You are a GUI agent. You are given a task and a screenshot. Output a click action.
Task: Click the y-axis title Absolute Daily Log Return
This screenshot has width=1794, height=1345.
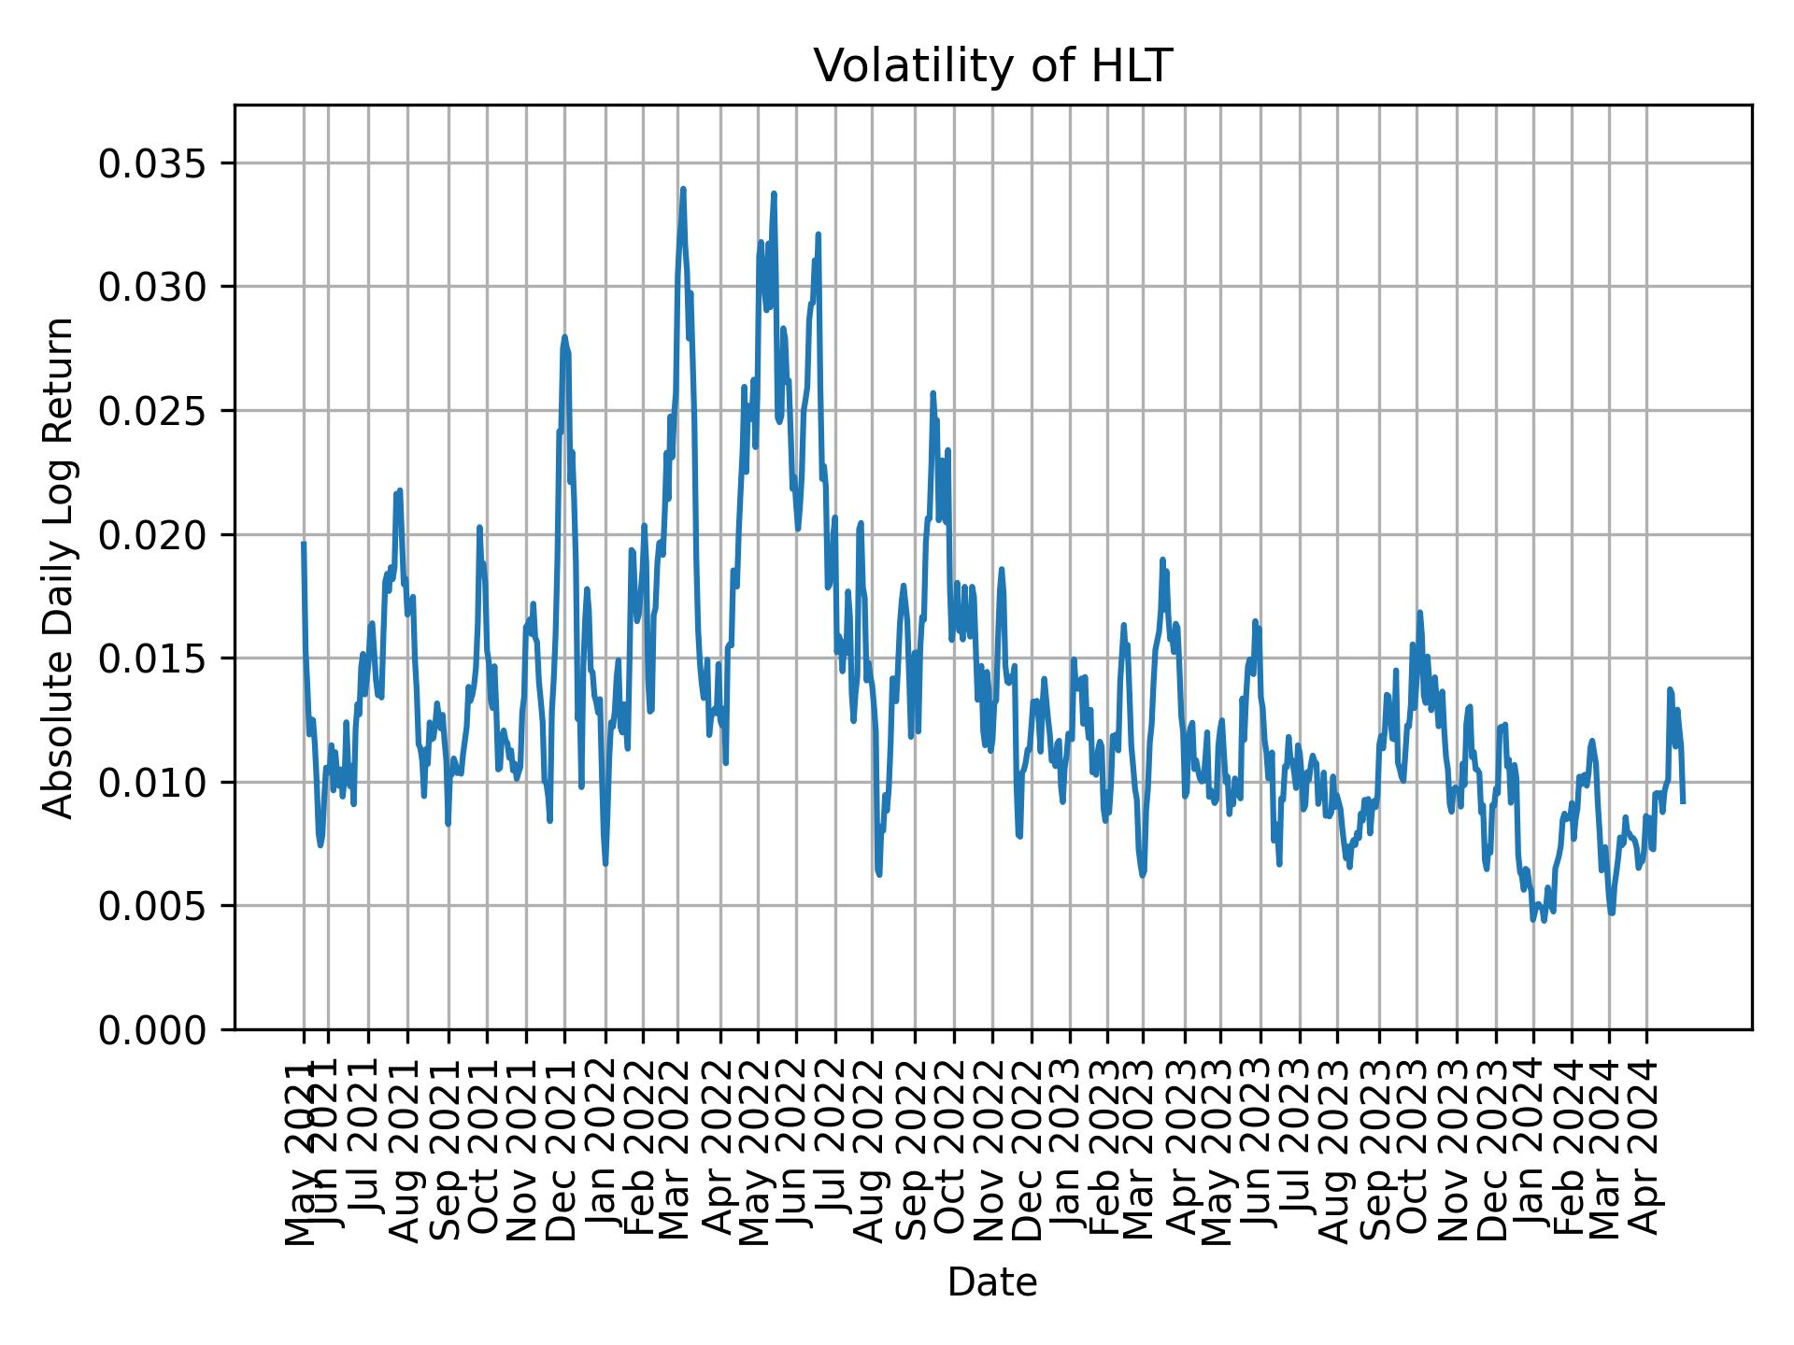[60, 567]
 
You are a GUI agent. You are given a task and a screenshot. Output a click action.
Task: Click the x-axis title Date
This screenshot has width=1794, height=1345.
[992, 1282]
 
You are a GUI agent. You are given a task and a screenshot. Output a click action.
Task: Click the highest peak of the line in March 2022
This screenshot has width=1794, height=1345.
[683, 190]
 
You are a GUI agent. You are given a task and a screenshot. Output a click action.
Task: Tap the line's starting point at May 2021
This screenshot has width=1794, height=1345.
[304, 544]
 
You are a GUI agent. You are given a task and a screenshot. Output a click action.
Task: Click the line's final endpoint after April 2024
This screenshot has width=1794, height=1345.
[1683, 801]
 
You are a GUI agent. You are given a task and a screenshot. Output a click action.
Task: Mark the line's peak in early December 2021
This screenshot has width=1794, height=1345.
[564, 337]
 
